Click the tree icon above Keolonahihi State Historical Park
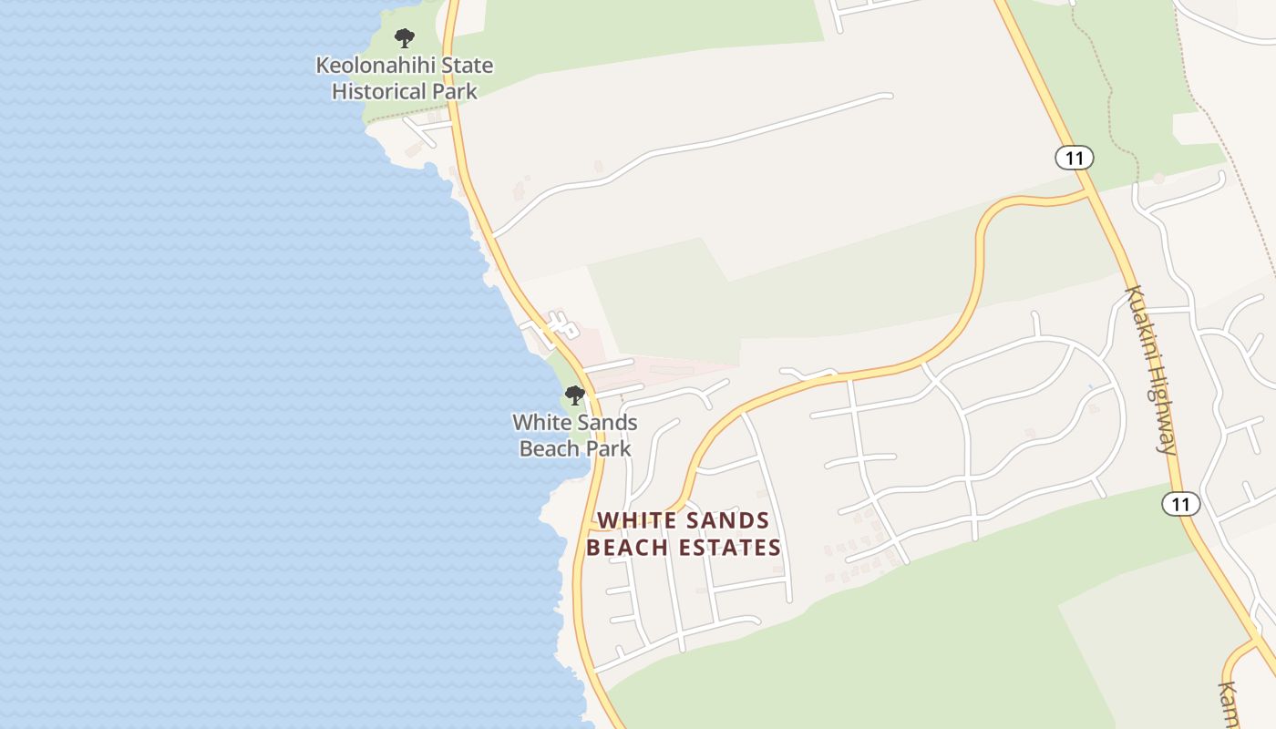click(x=405, y=38)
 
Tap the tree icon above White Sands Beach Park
click(x=574, y=395)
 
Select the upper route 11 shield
click(x=1075, y=158)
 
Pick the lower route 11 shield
click(x=1181, y=504)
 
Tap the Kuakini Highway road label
click(x=1151, y=369)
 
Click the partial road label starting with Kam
click(x=1229, y=704)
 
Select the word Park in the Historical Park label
click(x=456, y=91)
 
